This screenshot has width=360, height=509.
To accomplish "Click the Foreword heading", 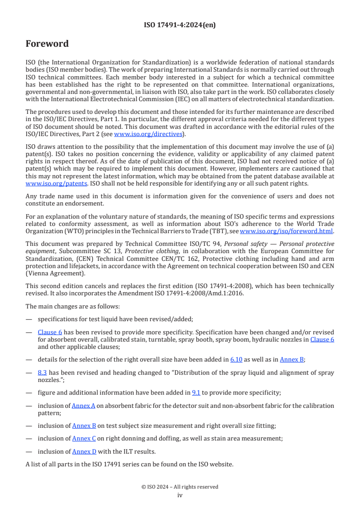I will (x=47, y=44).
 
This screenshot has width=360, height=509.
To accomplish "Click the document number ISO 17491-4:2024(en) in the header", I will (x=180, y=25).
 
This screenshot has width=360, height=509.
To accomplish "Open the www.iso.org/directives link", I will (x=148, y=134).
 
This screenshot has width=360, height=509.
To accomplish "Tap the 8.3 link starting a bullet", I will (x=43, y=372).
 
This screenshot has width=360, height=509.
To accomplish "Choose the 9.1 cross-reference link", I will (x=196, y=393).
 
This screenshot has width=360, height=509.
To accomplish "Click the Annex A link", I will (x=84, y=406).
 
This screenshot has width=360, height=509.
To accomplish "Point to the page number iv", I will (x=180, y=495).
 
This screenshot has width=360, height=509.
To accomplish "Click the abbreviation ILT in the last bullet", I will (x=125, y=451).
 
